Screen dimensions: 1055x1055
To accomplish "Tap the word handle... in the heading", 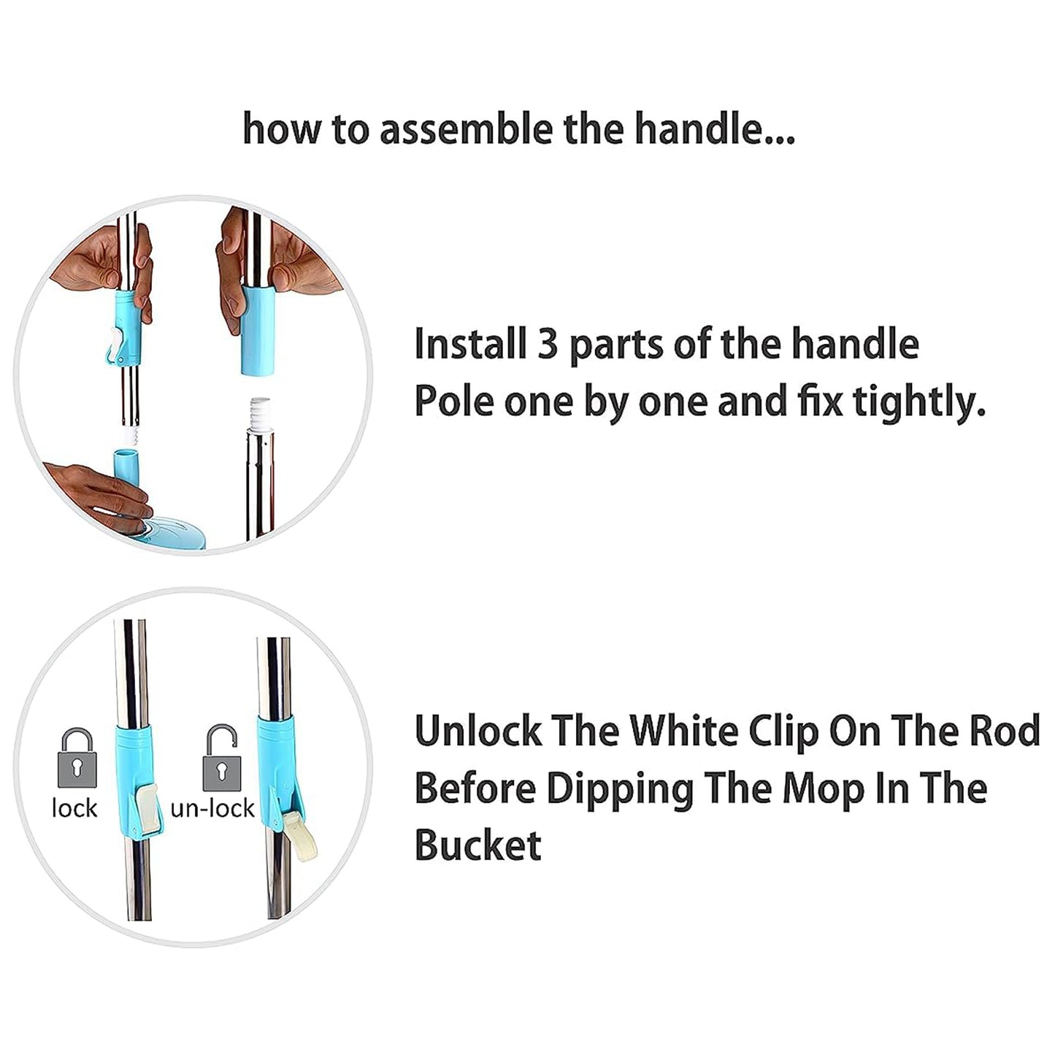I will pos(714,130).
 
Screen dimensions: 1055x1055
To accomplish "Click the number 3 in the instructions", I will pos(548,344).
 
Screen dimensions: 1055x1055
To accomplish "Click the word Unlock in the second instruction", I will pos(477,731).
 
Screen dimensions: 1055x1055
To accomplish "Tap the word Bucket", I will pos(477,845).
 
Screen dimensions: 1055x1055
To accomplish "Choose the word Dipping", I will pos(619,789).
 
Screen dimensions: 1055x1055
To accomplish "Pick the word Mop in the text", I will pos(823,789).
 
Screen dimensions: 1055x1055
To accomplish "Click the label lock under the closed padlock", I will pos(74,808).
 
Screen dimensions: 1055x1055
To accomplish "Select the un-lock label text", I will pos(212,808).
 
